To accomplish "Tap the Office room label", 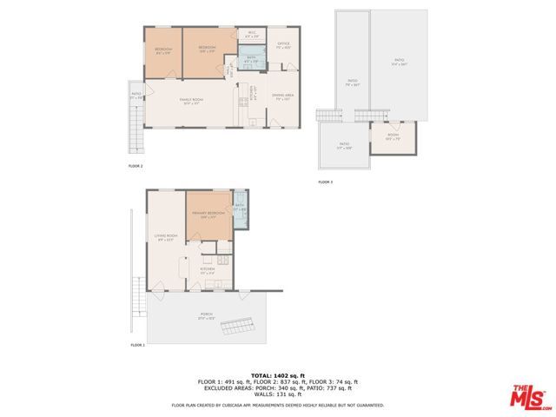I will point(283,43).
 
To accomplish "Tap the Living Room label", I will point(166,236).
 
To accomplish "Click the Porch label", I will point(207,315).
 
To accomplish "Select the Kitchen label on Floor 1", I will point(208,271).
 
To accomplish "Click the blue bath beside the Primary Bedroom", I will point(240,209).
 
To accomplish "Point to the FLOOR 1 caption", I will point(137,346).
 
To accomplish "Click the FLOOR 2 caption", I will point(136,165).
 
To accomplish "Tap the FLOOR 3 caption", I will point(325,182).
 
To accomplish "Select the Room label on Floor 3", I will point(392,136).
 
